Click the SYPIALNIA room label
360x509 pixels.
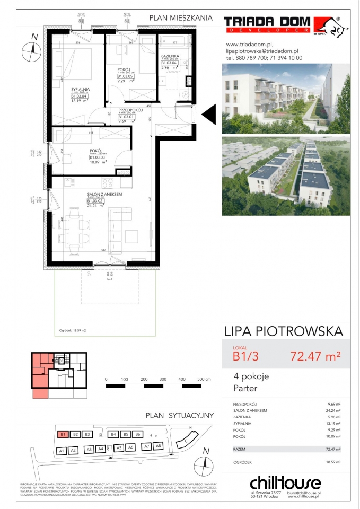coord(81,90)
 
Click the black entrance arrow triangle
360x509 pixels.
coord(209,114)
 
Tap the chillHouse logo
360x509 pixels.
coord(285,483)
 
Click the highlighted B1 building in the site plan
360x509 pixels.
coord(63,434)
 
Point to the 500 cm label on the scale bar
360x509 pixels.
coord(204,380)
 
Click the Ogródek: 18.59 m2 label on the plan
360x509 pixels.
coord(69,330)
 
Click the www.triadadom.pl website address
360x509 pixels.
coord(249,44)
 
